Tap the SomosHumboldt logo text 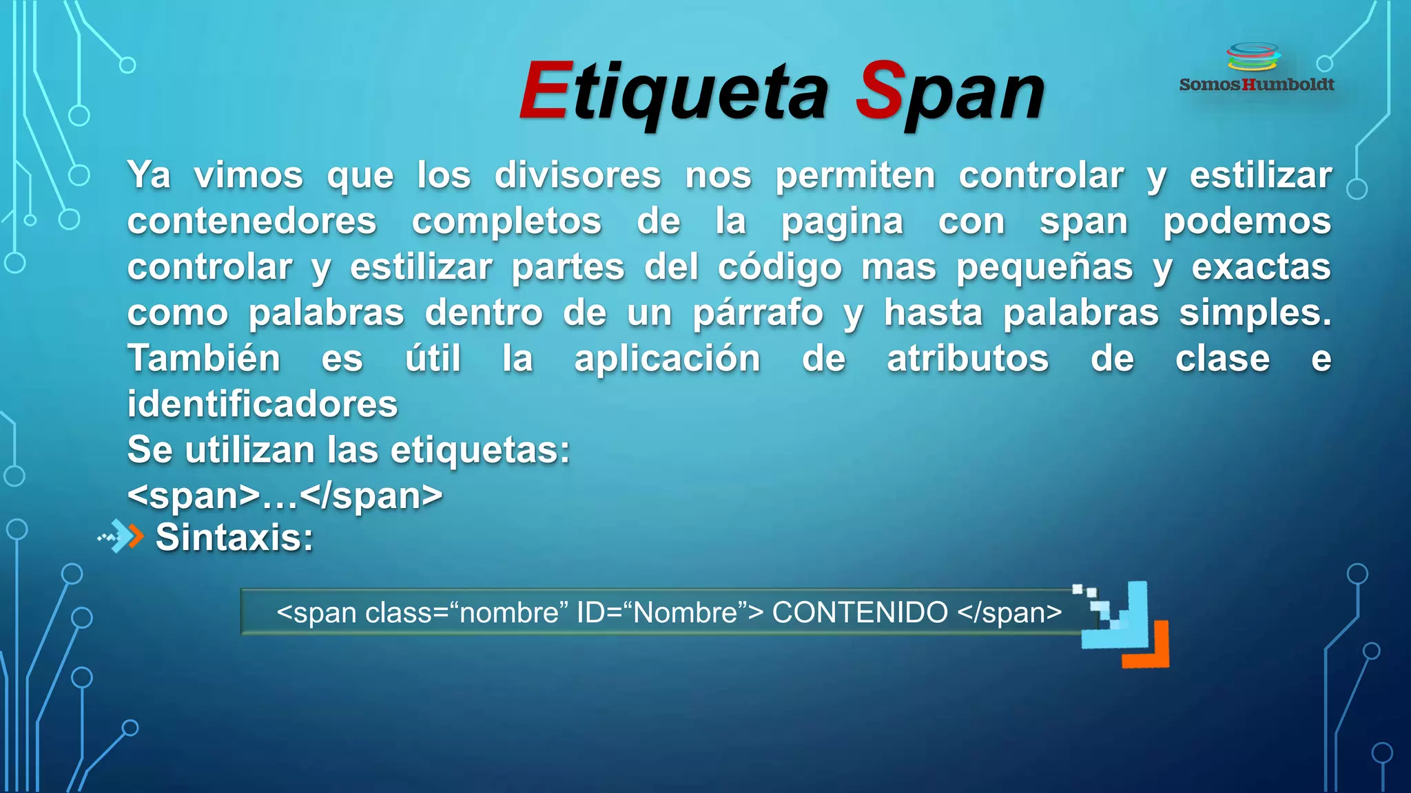pos(1257,85)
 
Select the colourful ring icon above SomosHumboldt pos(1254,56)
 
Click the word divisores pos(577,176)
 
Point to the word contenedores pos(252,222)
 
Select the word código pos(780,268)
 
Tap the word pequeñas pos(1044,268)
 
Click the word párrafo pos(758,314)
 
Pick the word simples pos(1255,314)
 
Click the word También pos(204,359)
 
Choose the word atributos pos(967,359)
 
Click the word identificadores pos(262,404)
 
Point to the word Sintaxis pos(234,538)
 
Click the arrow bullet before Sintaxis pos(122,537)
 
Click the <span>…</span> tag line pos(285,496)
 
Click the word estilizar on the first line pos(1260,176)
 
